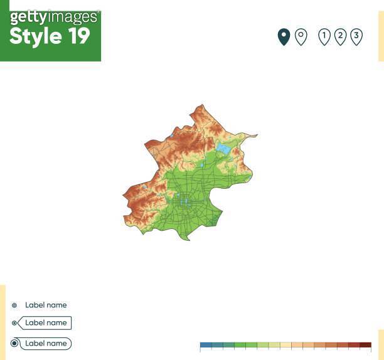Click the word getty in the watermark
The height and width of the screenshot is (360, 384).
click(x=28, y=18)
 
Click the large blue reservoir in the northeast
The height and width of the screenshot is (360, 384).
click(x=223, y=149)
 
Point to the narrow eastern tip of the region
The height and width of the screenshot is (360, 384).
click(x=256, y=135)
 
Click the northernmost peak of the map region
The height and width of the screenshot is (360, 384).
click(x=202, y=105)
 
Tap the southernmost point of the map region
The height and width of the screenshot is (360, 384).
click(x=187, y=240)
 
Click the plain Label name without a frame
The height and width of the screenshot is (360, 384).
click(x=45, y=305)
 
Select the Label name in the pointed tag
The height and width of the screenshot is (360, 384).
click(x=46, y=323)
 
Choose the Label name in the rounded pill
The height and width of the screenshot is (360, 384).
click(x=46, y=344)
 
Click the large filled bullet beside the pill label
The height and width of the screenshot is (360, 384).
click(x=14, y=344)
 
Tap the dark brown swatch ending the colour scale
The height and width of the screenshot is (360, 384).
click(x=365, y=345)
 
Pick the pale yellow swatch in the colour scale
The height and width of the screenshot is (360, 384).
click(x=285, y=345)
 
